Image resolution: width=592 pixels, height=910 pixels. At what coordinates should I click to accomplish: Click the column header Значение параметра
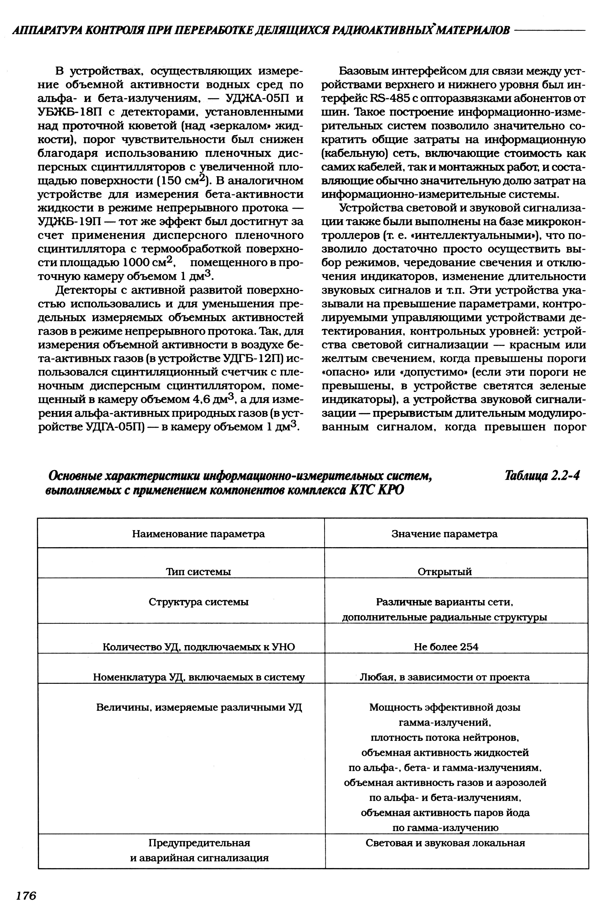click(x=444, y=534)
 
